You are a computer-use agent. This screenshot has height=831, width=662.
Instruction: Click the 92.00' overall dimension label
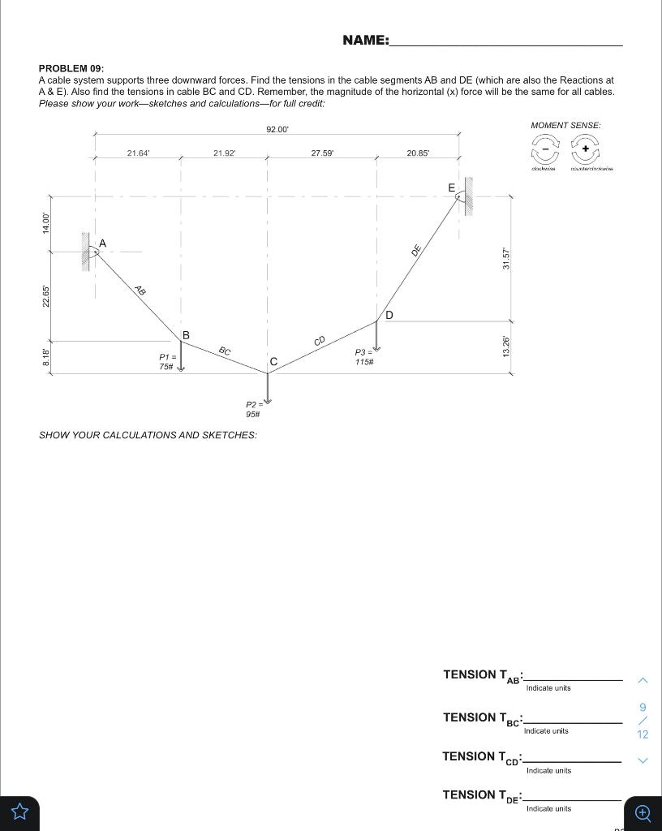click(277, 130)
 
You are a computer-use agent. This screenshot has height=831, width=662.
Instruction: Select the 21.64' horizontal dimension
click(139, 153)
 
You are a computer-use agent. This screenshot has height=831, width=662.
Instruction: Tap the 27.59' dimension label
click(322, 153)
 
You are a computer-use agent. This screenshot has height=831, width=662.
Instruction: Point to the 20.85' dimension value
click(418, 153)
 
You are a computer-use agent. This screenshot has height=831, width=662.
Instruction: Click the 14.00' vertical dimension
click(46, 223)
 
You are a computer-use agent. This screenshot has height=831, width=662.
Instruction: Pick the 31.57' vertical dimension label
click(506, 257)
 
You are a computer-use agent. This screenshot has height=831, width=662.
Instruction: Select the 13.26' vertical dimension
click(506, 347)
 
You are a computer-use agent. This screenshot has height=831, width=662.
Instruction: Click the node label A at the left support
click(102, 243)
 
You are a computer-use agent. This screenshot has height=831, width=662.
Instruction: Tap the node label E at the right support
click(452, 187)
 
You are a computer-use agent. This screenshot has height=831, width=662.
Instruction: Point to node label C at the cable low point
click(273, 361)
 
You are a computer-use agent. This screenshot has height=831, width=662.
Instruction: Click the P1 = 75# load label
click(167, 362)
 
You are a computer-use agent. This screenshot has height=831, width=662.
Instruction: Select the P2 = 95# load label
click(254, 409)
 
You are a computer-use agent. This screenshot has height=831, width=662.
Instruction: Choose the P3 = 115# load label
click(363, 357)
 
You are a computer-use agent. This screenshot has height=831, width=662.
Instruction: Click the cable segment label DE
click(415, 251)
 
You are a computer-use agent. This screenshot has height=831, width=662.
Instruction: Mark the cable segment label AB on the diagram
click(140, 291)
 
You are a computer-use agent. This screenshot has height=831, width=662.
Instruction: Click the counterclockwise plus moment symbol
click(585, 149)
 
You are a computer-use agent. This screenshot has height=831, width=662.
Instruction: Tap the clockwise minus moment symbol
click(545, 149)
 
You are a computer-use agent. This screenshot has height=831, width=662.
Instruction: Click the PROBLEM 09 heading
click(71, 69)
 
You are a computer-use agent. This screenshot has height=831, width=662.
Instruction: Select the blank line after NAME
click(505, 41)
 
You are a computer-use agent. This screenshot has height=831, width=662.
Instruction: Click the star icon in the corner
click(19, 812)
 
